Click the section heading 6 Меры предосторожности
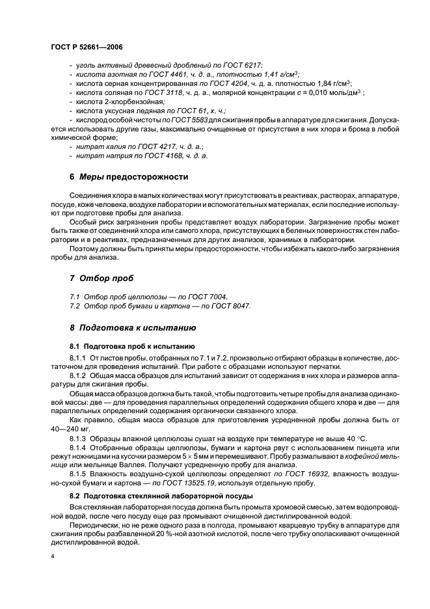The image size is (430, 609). tap(129, 177)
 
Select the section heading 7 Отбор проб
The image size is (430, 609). tap(100, 278)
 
